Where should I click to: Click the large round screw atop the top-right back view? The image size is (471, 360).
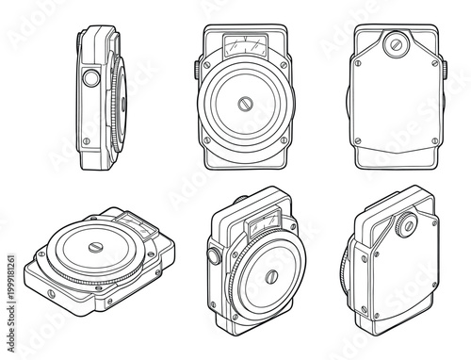(397, 42)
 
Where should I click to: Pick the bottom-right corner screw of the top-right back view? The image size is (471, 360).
(434, 138)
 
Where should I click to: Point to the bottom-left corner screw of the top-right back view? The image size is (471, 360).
(359, 138)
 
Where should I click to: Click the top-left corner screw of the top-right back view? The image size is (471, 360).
(359, 65)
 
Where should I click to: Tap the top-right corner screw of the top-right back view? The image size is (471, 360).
(435, 65)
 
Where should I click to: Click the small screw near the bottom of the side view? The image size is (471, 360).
(86, 141)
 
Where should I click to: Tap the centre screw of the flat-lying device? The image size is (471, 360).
(99, 248)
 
